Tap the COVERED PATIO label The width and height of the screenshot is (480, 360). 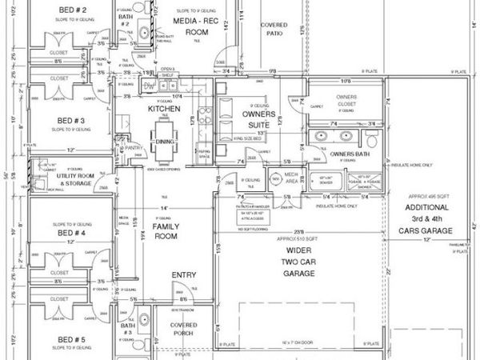click(274, 29)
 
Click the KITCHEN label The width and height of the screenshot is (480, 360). click(163, 108)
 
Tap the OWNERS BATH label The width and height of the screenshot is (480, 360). click(348, 153)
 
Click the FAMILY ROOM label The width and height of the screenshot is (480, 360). click(166, 231)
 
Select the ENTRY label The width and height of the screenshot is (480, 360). click(183, 275)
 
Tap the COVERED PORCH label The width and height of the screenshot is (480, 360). click(184, 330)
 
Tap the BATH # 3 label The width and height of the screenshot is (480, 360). click(127, 330)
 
